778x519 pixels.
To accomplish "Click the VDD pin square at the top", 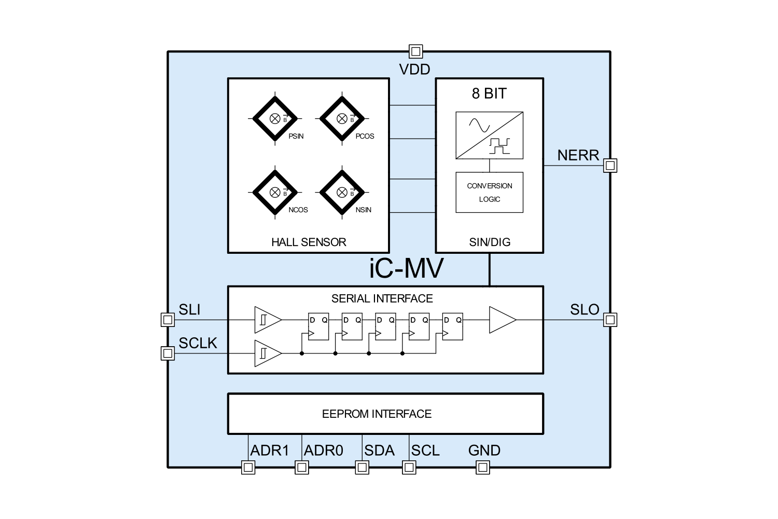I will (415, 51).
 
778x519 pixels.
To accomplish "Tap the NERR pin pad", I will (610, 166).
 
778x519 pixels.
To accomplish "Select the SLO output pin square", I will (610, 320).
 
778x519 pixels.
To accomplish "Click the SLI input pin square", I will (168, 320).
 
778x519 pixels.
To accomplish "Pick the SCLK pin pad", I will (168, 353).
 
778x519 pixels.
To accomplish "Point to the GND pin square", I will (483, 467).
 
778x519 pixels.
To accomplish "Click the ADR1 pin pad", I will (248, 467).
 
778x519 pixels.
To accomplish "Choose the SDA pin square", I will (362, 467).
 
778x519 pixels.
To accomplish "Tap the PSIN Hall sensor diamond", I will (275, 118).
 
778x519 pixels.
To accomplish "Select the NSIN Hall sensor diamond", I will (342, 192).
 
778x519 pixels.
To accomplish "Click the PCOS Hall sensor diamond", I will (342, 118).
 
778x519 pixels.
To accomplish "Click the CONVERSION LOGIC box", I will (489, 193).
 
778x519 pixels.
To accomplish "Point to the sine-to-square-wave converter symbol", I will (489, 135).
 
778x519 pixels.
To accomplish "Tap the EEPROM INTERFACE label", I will (377, 414).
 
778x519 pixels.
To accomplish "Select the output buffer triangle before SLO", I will (502, 320).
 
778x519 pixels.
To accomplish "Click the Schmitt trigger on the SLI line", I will (267, 320).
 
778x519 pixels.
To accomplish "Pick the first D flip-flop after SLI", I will (318, 326).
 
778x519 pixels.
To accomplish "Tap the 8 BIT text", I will (489, 93).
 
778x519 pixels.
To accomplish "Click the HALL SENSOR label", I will (309, 242).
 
